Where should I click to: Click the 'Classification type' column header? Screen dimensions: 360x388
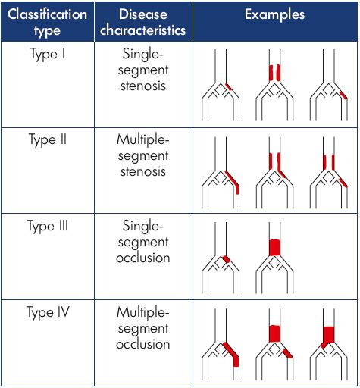pos(47,22)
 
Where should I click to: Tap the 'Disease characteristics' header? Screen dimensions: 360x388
pos(143,22)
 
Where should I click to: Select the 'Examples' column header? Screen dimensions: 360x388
pos(274,14)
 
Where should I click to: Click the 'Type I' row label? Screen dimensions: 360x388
pos(48,54)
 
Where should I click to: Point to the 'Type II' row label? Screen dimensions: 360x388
pos(48,139)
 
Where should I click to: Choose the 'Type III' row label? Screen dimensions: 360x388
pos(48,226)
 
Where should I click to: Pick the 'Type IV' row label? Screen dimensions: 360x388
pos(48,312)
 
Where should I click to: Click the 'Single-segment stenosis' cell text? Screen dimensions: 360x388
pos(143,70)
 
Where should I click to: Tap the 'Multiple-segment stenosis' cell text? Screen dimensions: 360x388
pos(143,155)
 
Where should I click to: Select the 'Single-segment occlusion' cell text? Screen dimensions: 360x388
pos(143,242)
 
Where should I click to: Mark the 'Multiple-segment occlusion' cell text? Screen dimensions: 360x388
pos(143,327)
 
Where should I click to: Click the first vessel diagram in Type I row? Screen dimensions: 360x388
pos(221,85)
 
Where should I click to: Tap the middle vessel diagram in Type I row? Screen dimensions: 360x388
pos(274,85)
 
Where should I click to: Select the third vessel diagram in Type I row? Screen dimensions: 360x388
pos(329,85)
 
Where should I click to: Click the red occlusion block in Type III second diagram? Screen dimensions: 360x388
pos(274,248)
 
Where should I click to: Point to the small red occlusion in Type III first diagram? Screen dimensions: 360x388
pos(226,259)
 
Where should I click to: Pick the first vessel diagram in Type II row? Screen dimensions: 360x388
pos(221,173)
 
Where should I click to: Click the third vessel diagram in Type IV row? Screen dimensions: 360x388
pos(329,345)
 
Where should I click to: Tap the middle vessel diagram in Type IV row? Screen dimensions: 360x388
pos(274,345)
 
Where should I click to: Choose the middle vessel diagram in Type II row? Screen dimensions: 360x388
pos(274,173)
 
